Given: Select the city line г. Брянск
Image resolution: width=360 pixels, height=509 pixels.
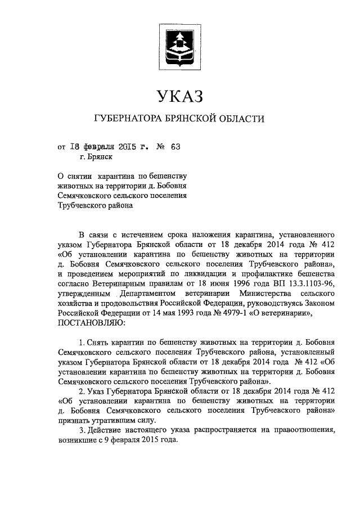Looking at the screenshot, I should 96,158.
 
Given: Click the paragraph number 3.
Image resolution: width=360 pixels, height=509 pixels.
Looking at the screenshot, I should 82,431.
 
